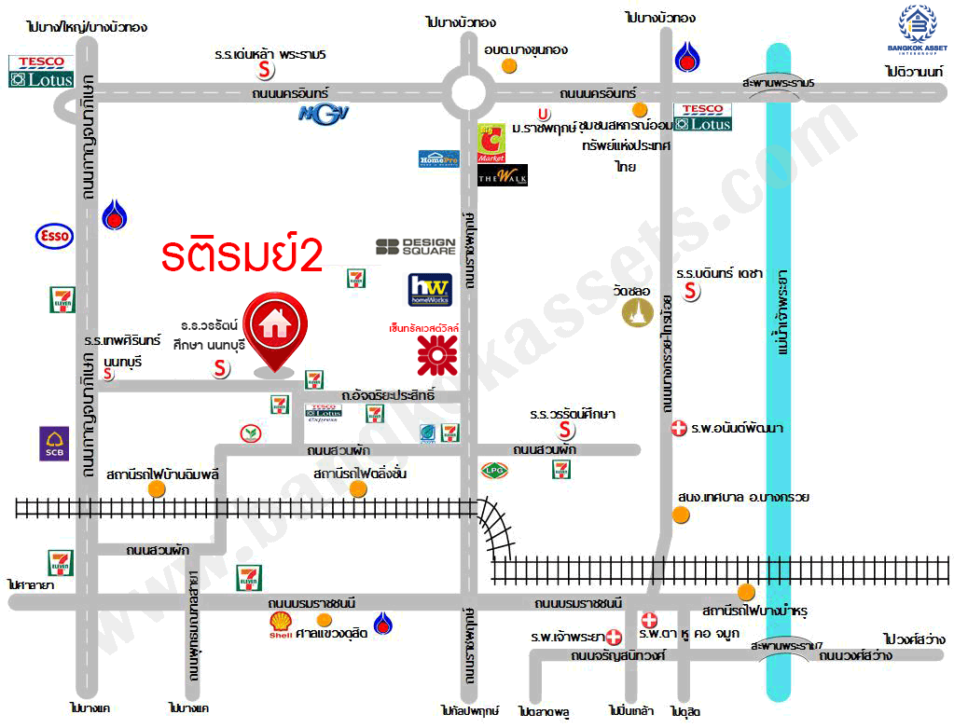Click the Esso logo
(53, 237)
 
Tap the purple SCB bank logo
(53, 444)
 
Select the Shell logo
(280, 625)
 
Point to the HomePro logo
(438, 158)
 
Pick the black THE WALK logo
(503, 174)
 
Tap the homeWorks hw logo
(430, 289)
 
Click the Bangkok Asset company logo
(916, 29)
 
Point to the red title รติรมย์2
(241, 256)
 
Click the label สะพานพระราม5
(778, 83)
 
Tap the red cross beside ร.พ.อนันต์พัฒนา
(679, 429)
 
